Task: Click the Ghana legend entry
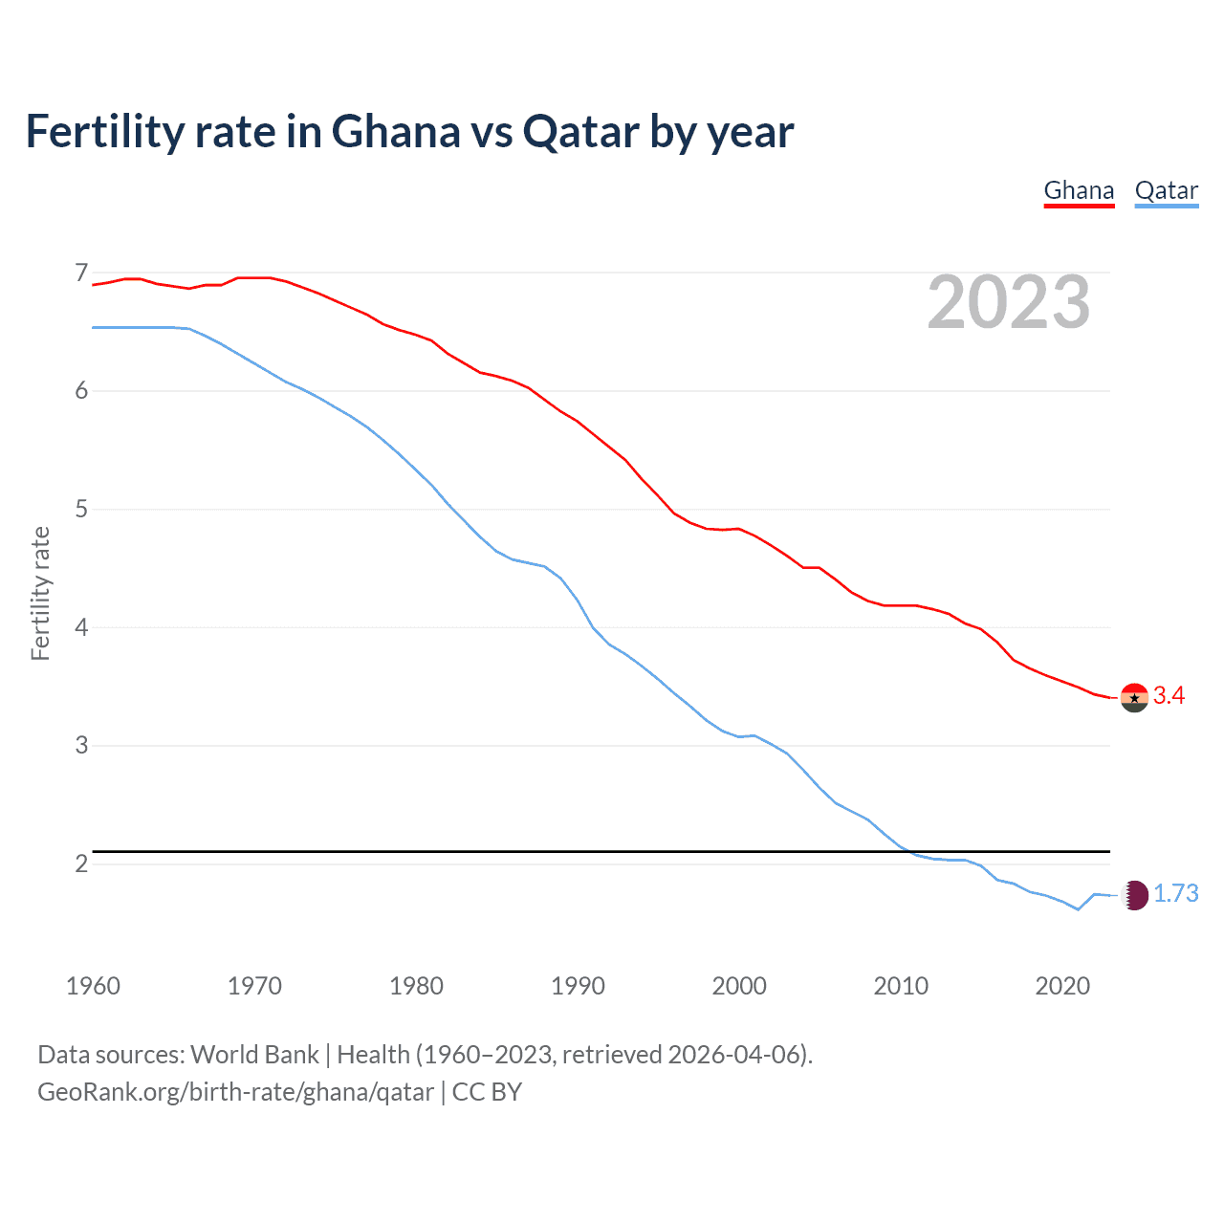1079,190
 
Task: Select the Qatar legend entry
1166,190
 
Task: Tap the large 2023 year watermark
1008,302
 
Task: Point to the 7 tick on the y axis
81,273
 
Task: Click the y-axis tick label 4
81,627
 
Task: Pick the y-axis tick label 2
81,863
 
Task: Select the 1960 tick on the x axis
93,986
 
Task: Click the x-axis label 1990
578,986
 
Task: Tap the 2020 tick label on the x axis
1062,986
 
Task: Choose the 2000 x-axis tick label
739,986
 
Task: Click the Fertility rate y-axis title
40,593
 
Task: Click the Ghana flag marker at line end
1134,698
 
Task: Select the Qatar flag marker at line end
1134,895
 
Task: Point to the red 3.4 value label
1169,696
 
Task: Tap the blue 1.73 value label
1175,893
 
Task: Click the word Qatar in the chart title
581,132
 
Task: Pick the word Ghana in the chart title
395,132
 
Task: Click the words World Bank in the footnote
254,1055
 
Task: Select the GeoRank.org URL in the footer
235,1092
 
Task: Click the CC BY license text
487,1092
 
